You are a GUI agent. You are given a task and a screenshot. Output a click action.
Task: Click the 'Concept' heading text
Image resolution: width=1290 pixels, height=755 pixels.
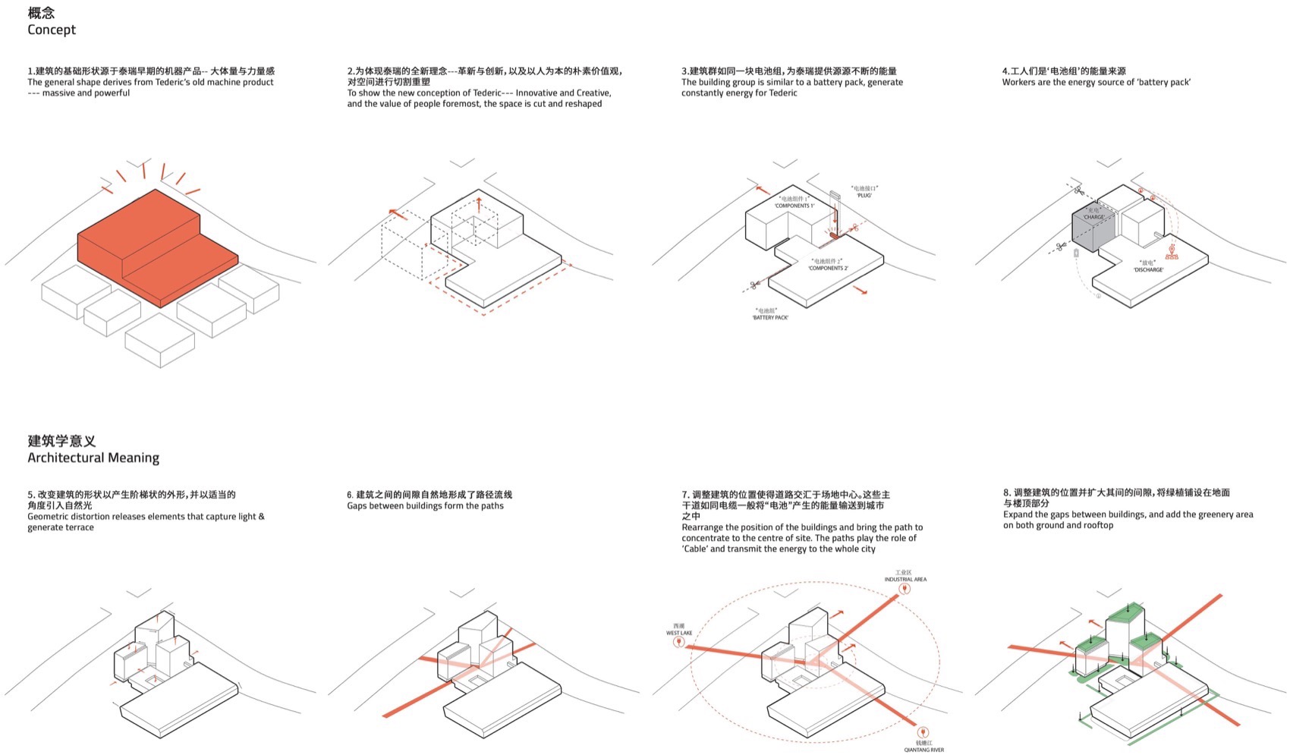click(x=52, y=30)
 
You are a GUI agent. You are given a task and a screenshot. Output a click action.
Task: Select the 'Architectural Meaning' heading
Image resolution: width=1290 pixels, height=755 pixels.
click(x=93, y=458)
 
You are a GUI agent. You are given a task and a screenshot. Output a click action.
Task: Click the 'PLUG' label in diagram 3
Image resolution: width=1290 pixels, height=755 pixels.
click(x=864, y=195)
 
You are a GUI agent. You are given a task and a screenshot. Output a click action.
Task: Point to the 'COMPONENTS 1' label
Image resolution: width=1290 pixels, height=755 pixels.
click(x=794, y=206)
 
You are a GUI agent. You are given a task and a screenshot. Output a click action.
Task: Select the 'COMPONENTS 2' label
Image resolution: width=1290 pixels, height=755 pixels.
click(x=828, y=268)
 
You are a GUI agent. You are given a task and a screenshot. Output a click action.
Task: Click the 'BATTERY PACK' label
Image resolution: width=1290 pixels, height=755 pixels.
click(x=769, y=317)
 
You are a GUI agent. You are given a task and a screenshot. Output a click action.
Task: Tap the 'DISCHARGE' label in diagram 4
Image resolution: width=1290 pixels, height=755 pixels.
click(x=1148, y=269)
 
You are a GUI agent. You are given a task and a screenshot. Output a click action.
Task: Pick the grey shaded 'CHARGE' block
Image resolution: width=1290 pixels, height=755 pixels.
click(x=1093, y=231)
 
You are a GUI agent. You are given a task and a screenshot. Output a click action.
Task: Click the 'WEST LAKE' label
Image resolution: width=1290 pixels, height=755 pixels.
click(x=679, y=633)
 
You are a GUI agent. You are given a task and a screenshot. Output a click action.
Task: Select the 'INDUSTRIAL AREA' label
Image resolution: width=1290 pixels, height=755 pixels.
click(x=905, y=579)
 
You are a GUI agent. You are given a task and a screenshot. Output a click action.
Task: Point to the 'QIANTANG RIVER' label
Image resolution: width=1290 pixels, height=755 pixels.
click(x=923, y=750)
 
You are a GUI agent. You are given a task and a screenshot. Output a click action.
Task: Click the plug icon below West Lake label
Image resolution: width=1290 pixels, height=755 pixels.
click(x=679, y=643)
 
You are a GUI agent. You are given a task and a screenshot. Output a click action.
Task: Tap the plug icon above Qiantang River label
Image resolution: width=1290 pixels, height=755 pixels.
click(x=923, y=733)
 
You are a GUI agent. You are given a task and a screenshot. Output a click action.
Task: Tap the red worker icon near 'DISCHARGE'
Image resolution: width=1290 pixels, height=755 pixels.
click(x=1172, y=252)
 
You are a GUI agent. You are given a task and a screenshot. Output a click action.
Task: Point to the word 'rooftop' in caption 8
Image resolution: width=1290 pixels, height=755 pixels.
click(x=1097, y=525)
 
